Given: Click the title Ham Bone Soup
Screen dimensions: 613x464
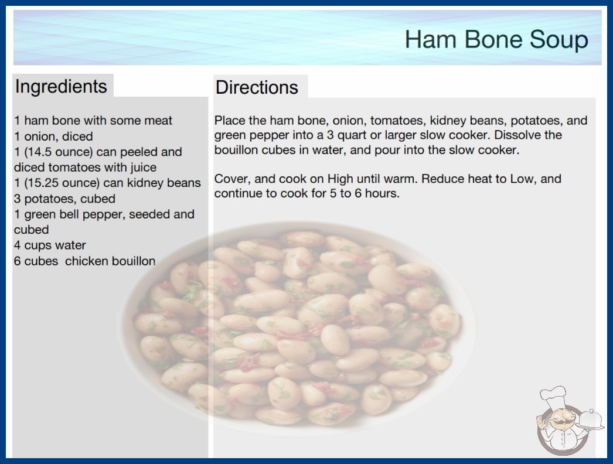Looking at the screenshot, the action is tap(496, 39).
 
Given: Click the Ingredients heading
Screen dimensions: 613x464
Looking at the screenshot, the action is tap(61, 86).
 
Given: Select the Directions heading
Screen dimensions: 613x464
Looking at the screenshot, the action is tap(257, 87).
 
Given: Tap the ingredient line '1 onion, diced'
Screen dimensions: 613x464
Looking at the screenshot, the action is tap(53, 137).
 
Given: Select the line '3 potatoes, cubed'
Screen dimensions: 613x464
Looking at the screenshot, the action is tap(64, 199).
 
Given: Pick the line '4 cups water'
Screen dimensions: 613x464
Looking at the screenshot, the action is tap(50, 245).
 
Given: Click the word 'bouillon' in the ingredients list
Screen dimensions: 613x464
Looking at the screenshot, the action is tap(133, 261).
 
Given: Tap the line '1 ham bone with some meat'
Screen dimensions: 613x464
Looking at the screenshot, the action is tap(93, 121).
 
